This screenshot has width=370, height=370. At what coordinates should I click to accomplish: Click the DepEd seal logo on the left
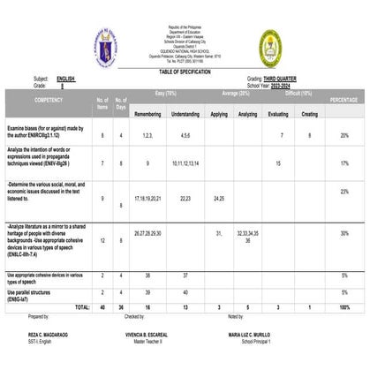coord(105,47)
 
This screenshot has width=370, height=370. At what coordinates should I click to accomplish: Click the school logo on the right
coord(270,48)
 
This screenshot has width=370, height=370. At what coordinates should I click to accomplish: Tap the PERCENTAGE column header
coord(344,101)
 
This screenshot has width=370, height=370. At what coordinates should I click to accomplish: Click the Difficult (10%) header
coord(293,92)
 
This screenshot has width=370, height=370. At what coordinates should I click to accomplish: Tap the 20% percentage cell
coord(344,135)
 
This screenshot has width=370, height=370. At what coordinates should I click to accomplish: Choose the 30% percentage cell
coord(344,234)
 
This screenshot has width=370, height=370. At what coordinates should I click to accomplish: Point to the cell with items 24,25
coord(219,199)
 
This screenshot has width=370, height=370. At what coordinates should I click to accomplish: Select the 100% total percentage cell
coord(344,306)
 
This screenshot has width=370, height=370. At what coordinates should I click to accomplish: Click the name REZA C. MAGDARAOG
coord(49,336)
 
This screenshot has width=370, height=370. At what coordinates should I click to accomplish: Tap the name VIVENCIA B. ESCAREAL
coord(147,336)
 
